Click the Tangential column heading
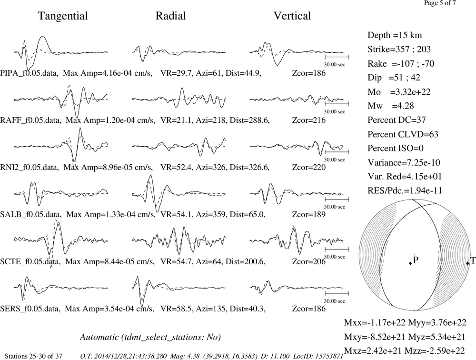pos(63,16)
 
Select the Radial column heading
pos(170,16)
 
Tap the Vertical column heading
pos(292,16)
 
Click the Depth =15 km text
pos(395,35)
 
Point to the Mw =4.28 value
pos(391,106)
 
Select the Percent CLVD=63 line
pos(403,134)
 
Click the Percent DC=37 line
pos(397,120)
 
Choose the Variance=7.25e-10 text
pos(404,163)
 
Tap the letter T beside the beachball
pos(473,260)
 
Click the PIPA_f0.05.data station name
pos(30,73)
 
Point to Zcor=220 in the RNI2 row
pos(309,168)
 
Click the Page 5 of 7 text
pos(440,3)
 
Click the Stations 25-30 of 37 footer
pos(33,356)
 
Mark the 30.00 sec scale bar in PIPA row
pos(337,57)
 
